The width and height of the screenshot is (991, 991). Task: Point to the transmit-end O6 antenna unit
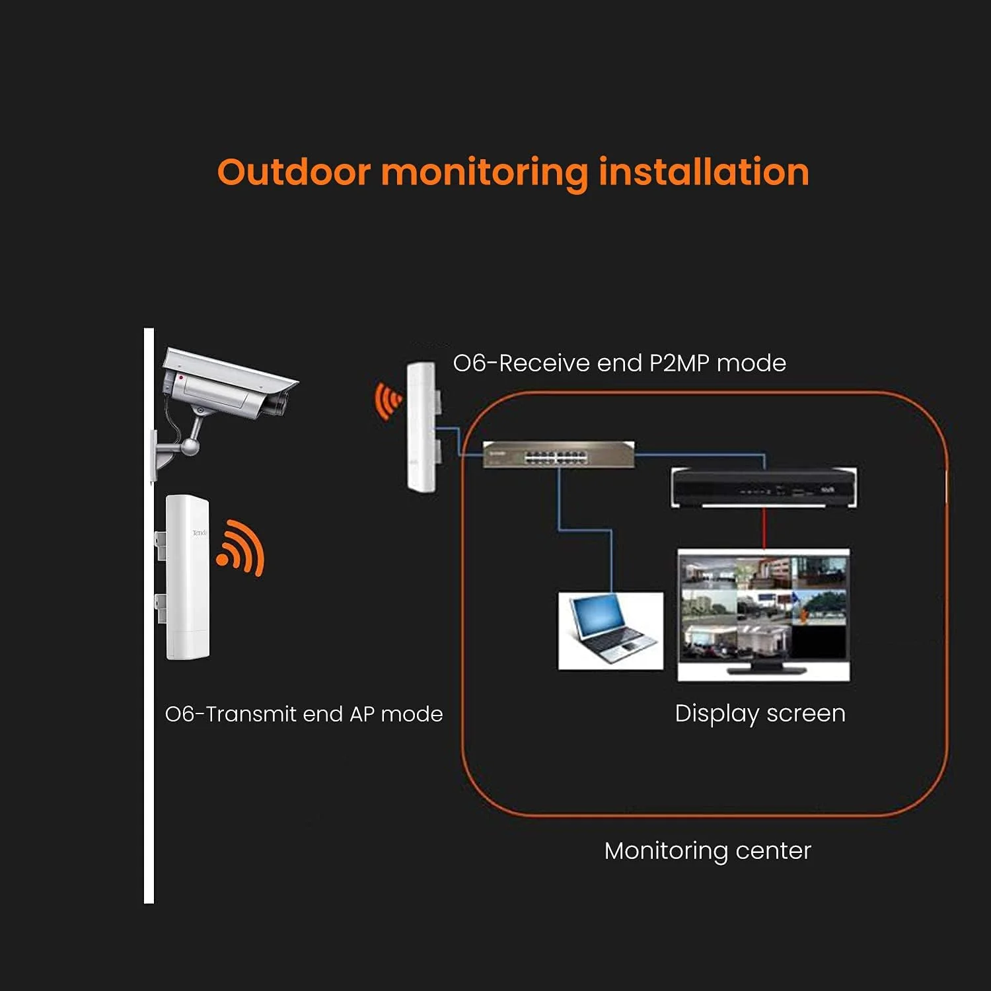[x=187, y=576]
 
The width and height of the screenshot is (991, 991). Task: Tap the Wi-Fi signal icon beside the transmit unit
[x=241, y=547]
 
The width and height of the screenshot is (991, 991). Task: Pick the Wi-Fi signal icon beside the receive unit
[x=388, y=400]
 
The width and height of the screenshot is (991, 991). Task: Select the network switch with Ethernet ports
[x=558, y=455]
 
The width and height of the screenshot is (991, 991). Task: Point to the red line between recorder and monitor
[x=764, y=528]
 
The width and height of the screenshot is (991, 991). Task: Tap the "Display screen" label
[x=760, y=714]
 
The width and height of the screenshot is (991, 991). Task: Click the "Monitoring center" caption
[x=708, y=850]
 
